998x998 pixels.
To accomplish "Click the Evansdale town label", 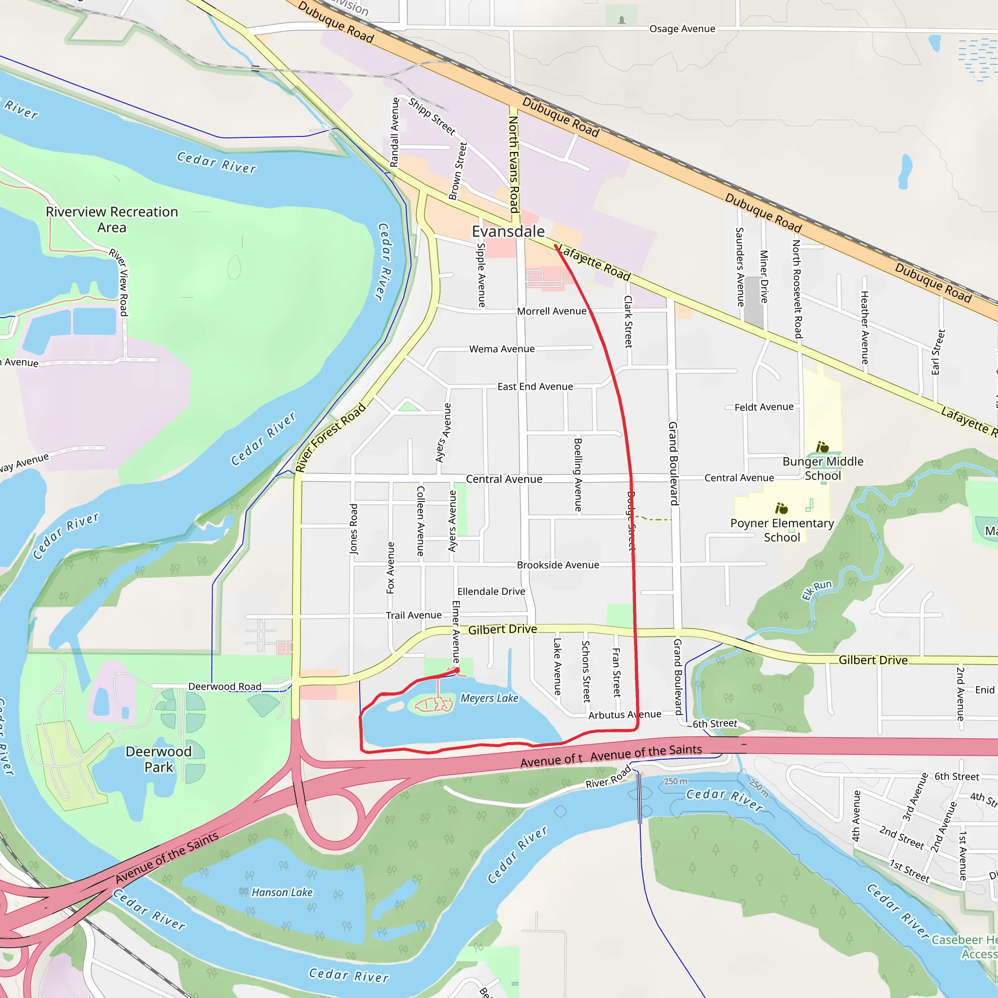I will tap(508, 231).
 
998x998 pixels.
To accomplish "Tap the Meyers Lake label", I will tap(489, 698).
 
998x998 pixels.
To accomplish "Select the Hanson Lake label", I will tap(282, 892).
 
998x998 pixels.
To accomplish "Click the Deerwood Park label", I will tap(158, 759).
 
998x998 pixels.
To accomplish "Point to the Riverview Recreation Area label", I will tap(112, 220).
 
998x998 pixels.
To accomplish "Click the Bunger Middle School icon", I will tap(823, 447).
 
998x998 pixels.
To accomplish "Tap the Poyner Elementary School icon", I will tap(782, 509).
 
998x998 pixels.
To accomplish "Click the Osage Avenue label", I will tap(682, 29).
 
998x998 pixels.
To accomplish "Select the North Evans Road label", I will tap(514, 164).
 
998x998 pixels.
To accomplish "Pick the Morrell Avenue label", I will tap(552, 311).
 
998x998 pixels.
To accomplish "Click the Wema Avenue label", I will tap(501, 349).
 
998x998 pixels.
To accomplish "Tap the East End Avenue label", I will tap(535, 386).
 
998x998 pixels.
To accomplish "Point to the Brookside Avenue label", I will tap(558, 565).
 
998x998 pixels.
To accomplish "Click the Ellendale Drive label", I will tap(491, 592).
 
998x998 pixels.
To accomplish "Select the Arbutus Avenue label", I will tap(625, 715).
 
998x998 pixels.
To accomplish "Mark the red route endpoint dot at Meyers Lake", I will tap(457, 671).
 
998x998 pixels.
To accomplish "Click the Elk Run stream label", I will tap(817, 590).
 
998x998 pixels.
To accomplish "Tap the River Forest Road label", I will tap(330, 437).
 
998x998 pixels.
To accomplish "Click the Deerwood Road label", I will tap(225, 687).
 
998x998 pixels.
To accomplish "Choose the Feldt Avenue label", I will tap(764, 407).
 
